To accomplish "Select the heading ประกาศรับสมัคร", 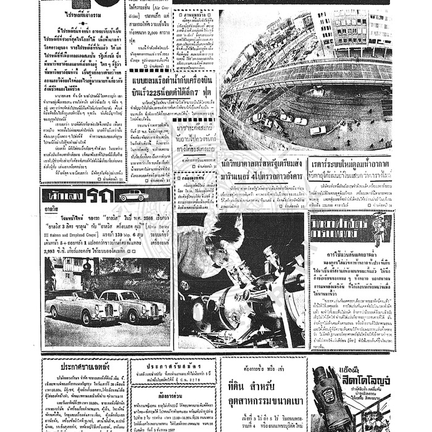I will [173, 363].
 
